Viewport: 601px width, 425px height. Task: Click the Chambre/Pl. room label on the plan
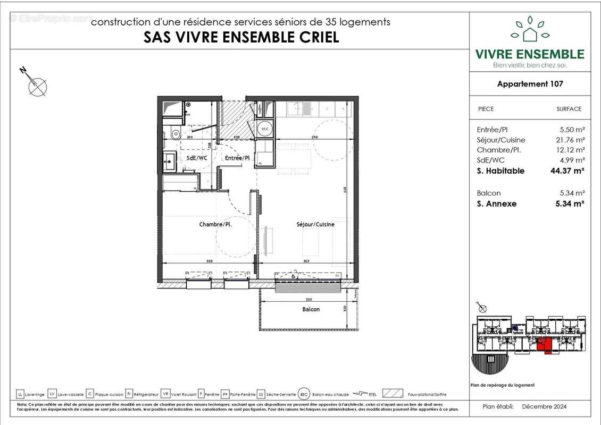pos(215,224)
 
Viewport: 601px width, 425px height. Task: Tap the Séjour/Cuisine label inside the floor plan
pos(315,224)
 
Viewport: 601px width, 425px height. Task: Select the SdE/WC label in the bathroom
pos(196,158)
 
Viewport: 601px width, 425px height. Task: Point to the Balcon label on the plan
pos(311,309)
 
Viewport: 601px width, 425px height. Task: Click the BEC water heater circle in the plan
pos(264,128)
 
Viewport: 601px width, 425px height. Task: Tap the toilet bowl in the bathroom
pos(176,134)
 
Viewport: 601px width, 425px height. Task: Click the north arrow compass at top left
pos(37,85)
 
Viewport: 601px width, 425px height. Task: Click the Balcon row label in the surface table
pos(489,193)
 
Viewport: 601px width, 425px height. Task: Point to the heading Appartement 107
pos(530,83)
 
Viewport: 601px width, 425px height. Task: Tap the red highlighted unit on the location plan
pos(543,345)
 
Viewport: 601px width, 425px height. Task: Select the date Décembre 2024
pos(544,406)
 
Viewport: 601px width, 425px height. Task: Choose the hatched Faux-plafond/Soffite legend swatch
pos(393,394)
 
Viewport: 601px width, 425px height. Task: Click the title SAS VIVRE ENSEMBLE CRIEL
pos(241,38)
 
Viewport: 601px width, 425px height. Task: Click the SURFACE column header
pos(569,109)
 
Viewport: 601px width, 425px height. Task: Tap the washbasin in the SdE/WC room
pos(170,158)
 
